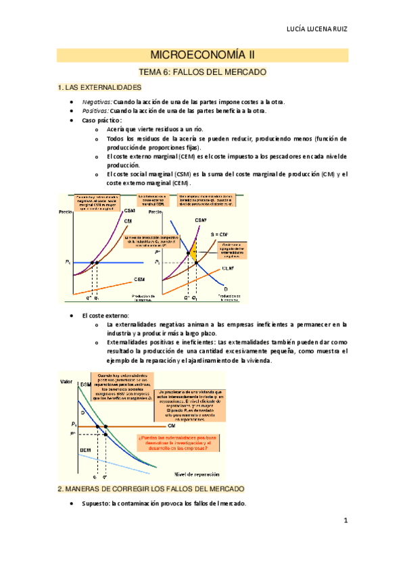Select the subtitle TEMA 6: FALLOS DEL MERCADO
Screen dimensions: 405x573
point(203,72)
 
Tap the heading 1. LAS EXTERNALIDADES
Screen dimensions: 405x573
point(99,88)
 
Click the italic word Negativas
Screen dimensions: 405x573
point(95,101)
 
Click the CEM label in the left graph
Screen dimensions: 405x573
point(139,278)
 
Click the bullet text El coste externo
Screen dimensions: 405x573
point(105,316)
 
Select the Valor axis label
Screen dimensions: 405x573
point(67,382)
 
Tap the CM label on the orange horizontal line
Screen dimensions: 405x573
point(162,425)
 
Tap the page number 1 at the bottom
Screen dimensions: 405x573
point(345,520)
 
